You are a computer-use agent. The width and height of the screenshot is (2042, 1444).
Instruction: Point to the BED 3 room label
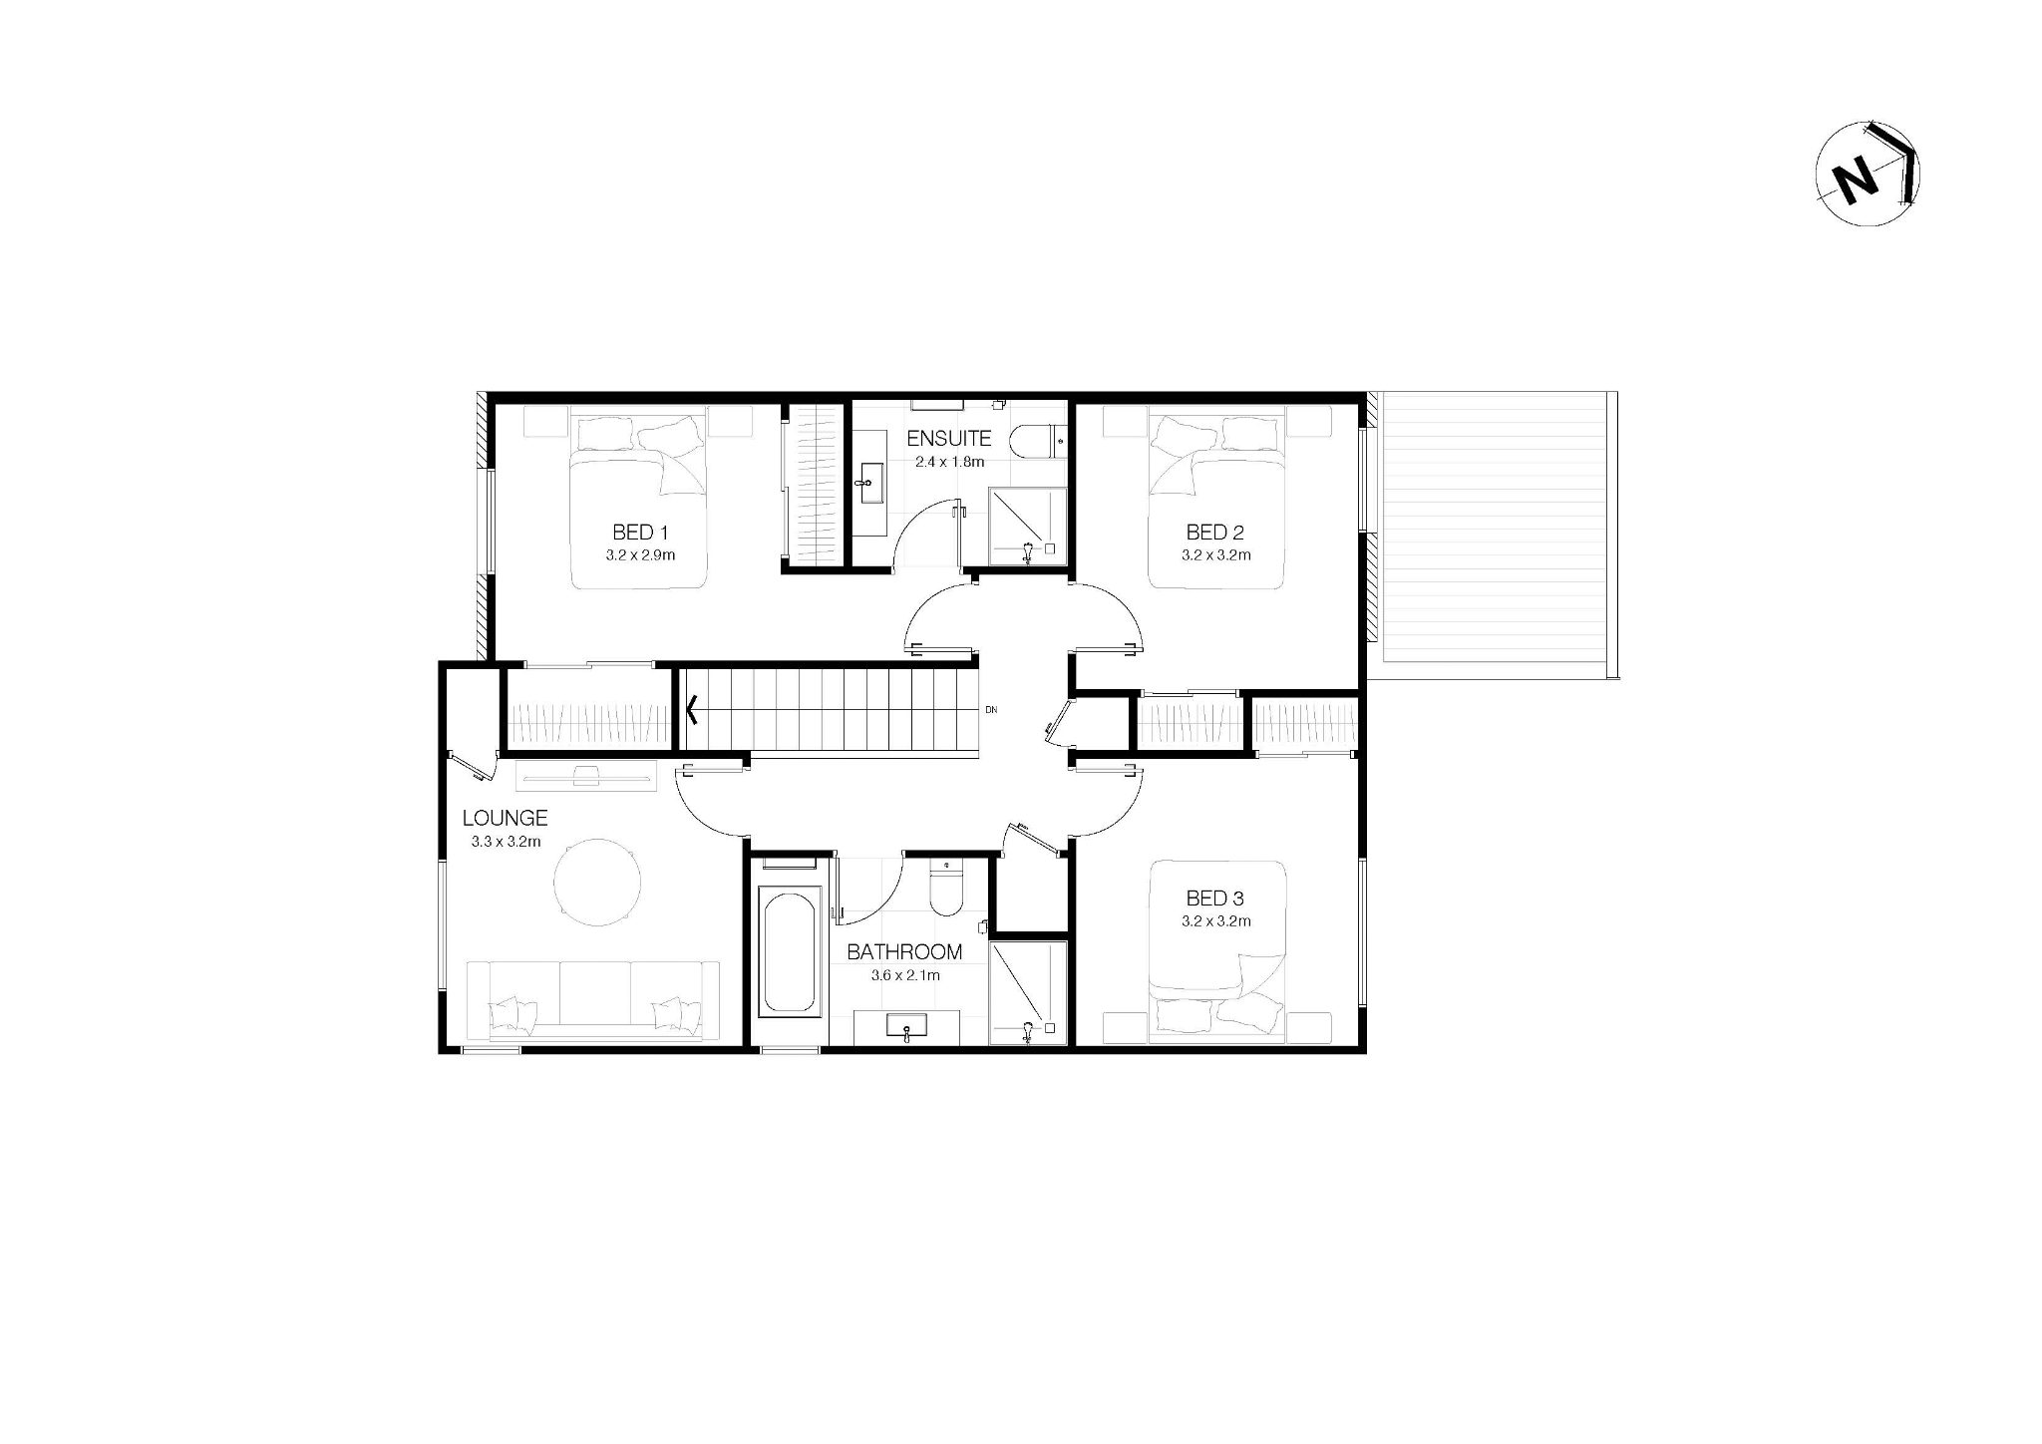point(1214,899)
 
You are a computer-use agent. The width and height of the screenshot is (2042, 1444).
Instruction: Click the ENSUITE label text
point(949,438)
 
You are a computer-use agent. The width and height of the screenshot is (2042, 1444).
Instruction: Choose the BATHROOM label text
point(904,952)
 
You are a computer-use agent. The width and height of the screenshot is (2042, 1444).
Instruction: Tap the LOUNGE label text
point(506,818)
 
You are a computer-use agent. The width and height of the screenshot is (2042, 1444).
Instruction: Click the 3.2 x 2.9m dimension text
point(640,554)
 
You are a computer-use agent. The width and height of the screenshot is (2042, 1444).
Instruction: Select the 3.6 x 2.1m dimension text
point(905,975)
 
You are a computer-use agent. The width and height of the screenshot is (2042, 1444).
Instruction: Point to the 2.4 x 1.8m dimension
point(949,462)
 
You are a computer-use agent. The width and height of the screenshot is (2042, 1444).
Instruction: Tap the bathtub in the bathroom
point(791,953)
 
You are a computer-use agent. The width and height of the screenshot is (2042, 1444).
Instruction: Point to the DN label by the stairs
point(991,710)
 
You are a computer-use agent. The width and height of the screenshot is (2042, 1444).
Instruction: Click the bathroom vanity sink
point(906,1027)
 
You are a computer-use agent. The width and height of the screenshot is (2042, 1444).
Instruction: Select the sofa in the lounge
point(594,1000)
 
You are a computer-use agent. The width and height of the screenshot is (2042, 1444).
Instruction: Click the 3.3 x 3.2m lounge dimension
point(506,842)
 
